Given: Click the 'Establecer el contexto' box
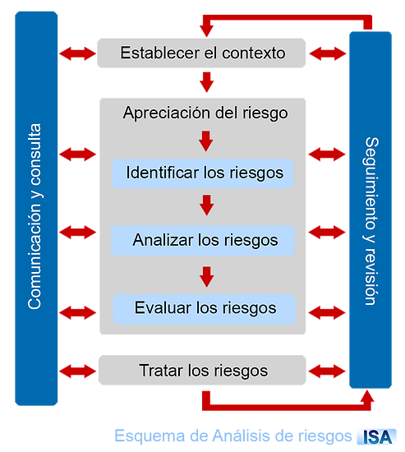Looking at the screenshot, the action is pos(201,53).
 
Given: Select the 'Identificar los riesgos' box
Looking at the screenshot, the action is pos(203,173).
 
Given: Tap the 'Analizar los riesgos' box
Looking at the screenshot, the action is pos(203,241).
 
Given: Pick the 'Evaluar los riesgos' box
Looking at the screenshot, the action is pos(204,309).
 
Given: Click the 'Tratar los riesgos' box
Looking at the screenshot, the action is pos(202,370).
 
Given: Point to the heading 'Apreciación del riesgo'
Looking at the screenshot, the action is pos(205,113).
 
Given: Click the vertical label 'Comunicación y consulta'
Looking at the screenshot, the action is pos(35,216).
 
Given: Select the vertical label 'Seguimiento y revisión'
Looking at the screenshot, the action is pos(371,221).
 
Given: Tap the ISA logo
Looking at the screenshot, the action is pos(377,436).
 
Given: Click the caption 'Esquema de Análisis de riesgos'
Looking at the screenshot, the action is pos(233,436).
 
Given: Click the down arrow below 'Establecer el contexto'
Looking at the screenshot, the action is pos(207,82).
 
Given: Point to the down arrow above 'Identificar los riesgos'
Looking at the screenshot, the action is pos(206,141).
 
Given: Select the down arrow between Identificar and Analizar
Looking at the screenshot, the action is pos(207,205).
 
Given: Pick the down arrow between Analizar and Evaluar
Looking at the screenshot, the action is pos(207,277).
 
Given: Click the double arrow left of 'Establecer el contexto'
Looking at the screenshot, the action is pos(77,53).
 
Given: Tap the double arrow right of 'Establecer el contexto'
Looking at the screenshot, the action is pos(328,53).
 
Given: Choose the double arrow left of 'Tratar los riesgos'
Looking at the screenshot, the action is pos(77,371).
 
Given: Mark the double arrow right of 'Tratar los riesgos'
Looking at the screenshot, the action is pos(327,371).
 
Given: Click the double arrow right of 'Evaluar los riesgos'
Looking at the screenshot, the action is pos(327,313).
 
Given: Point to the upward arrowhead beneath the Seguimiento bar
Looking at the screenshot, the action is pos(367,396).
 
